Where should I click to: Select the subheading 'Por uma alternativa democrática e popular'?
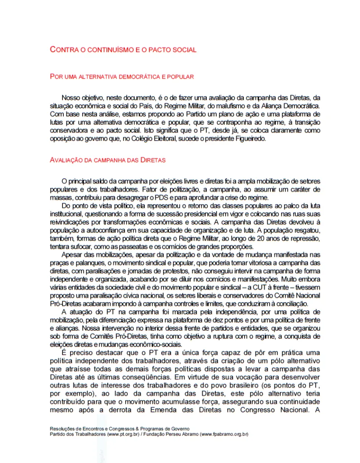click(122, 77)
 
